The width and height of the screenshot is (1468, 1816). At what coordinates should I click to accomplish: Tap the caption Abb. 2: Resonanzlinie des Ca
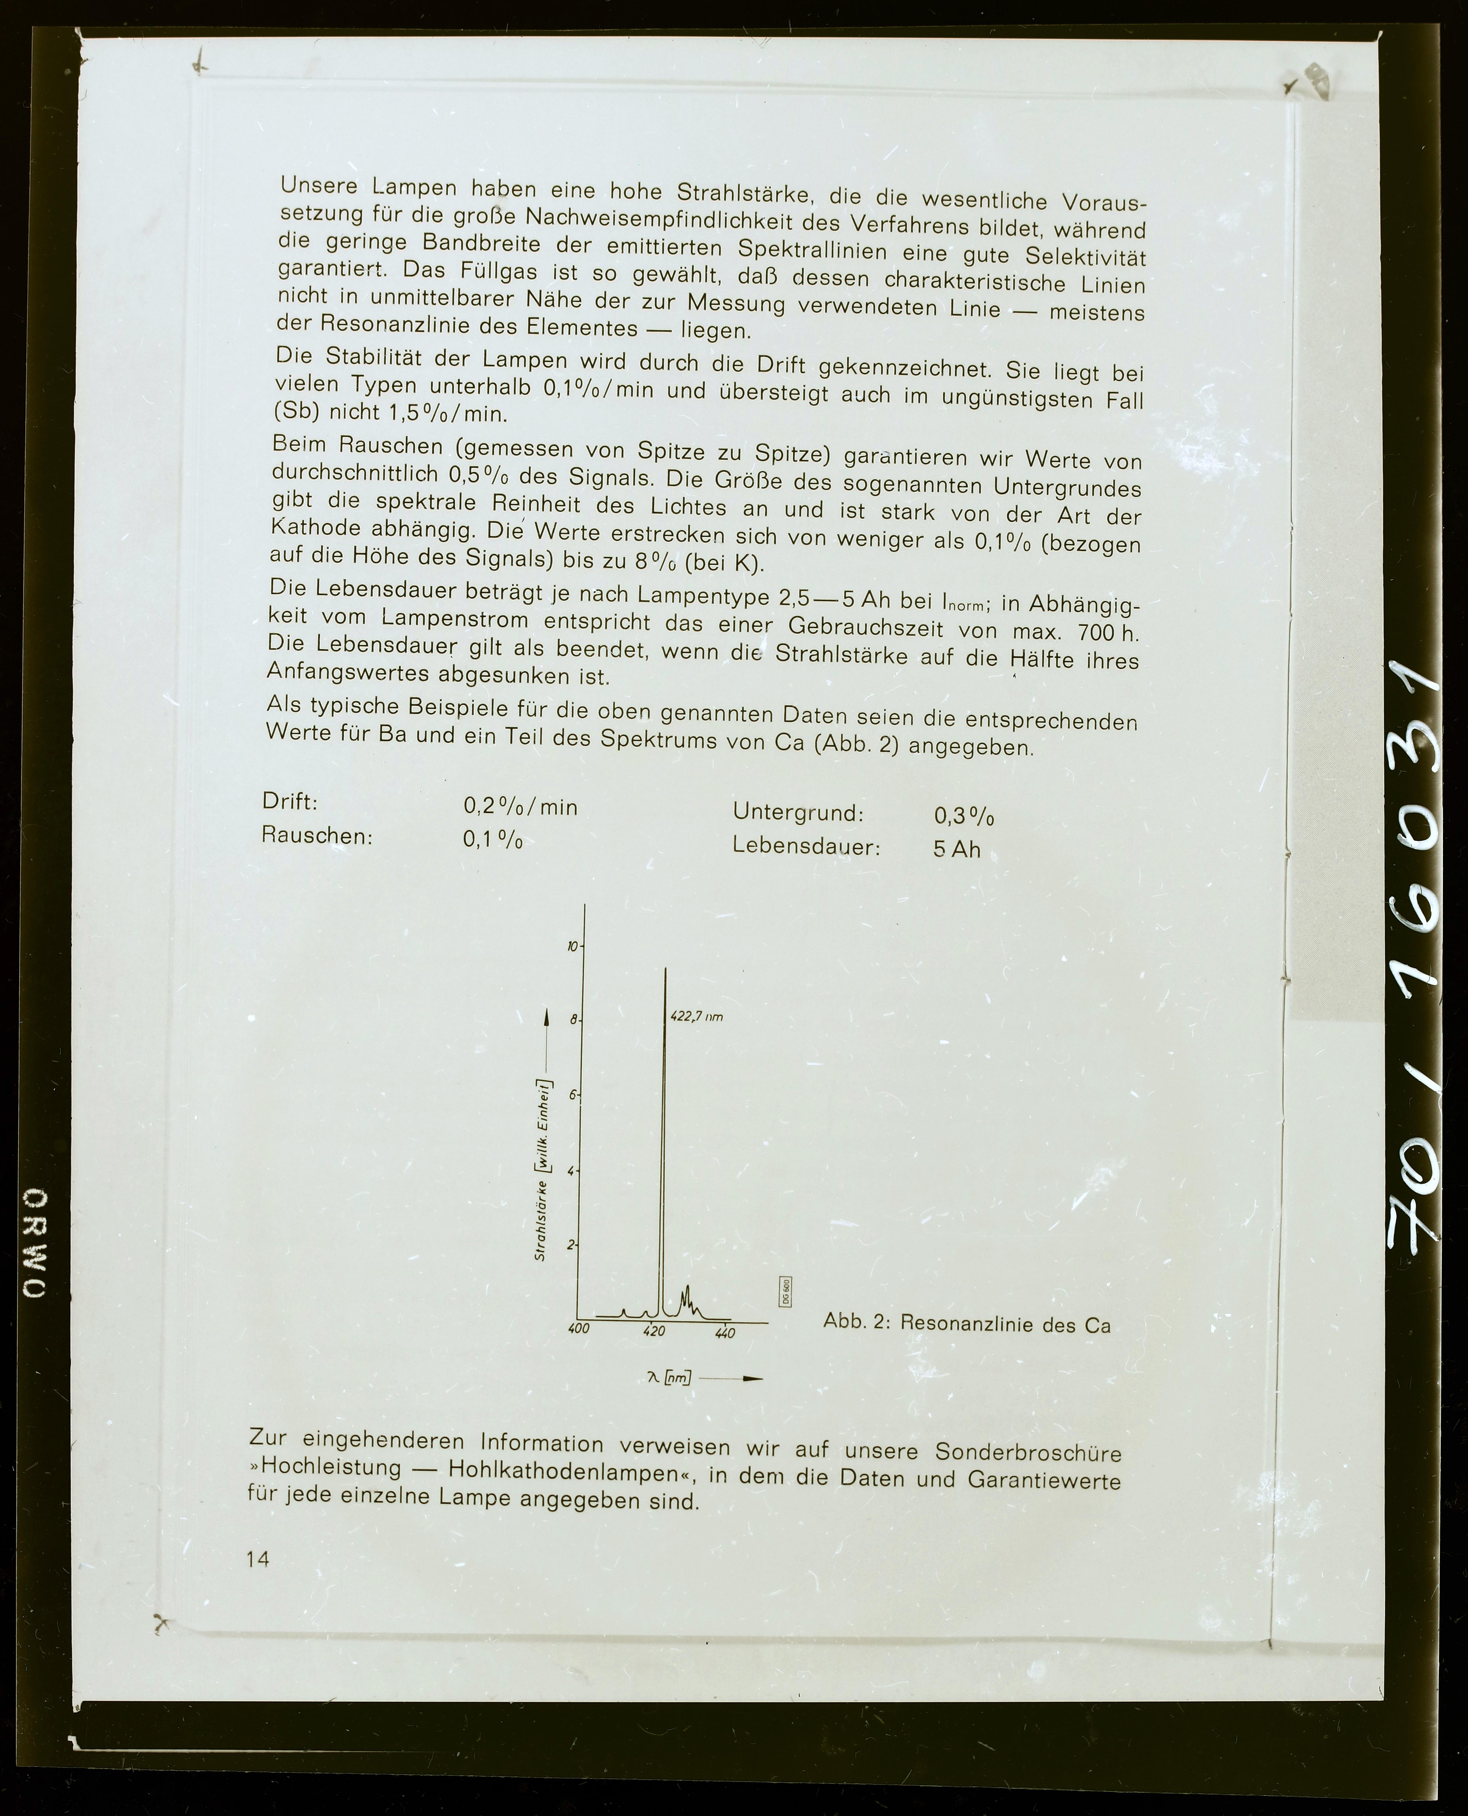966,1324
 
